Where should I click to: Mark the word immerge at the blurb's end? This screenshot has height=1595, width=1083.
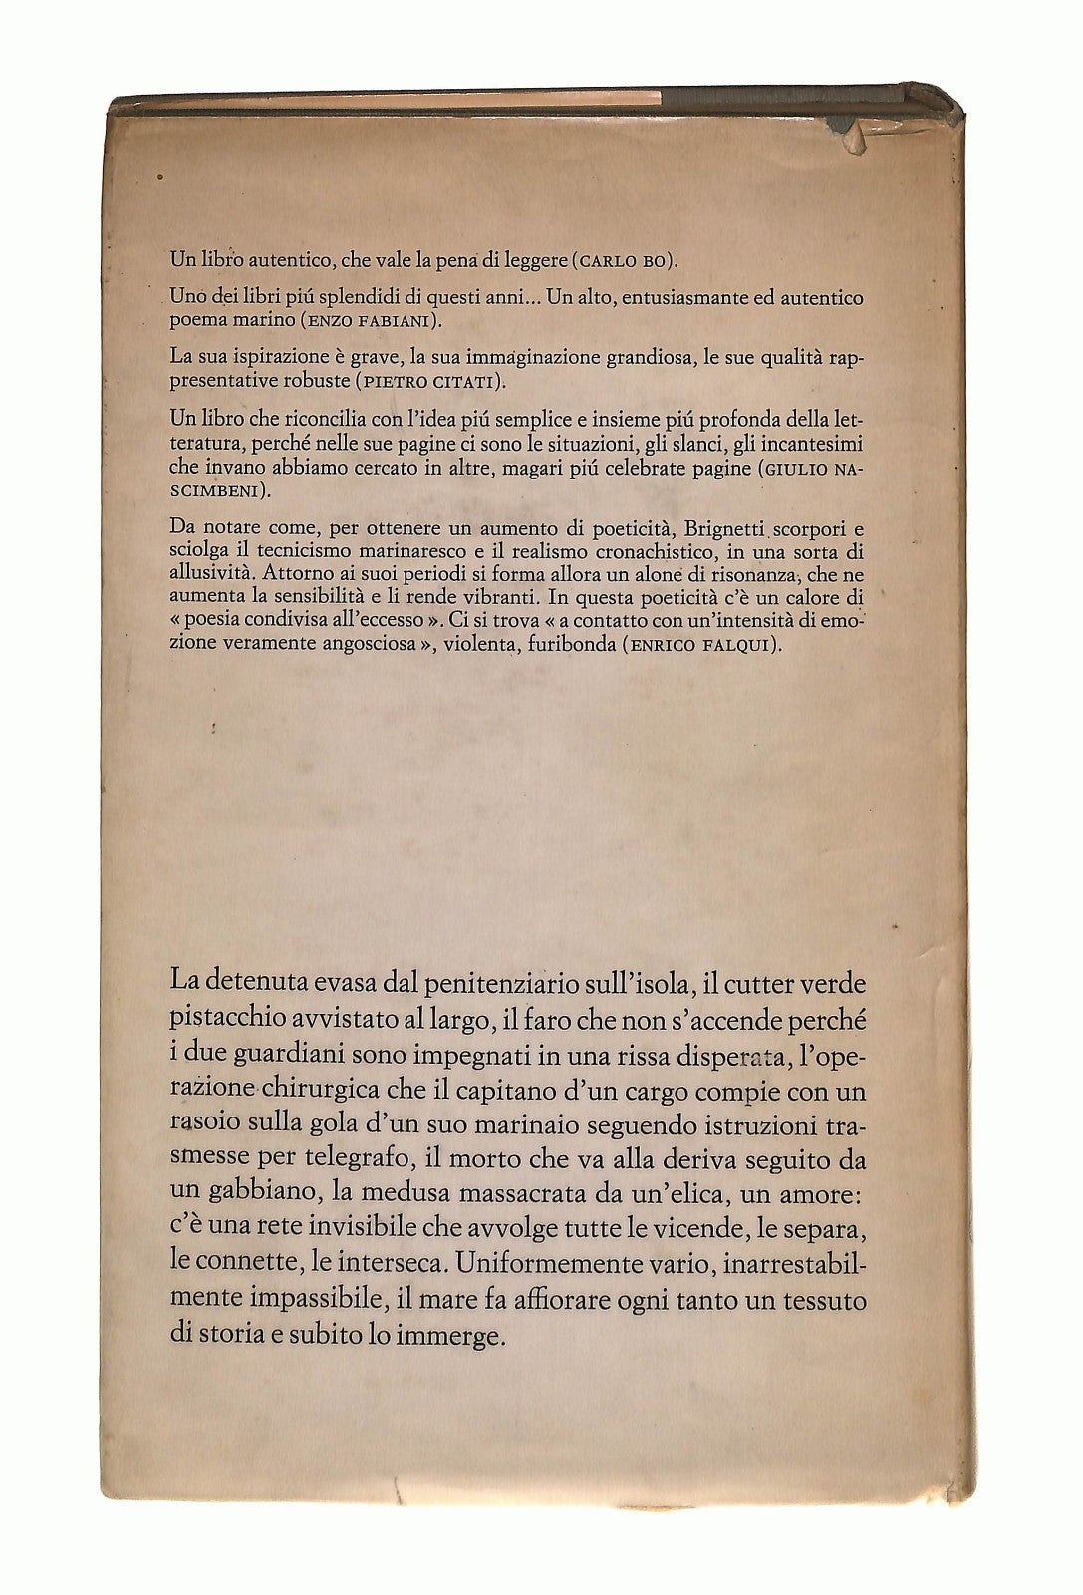(x=448, y=1337)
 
